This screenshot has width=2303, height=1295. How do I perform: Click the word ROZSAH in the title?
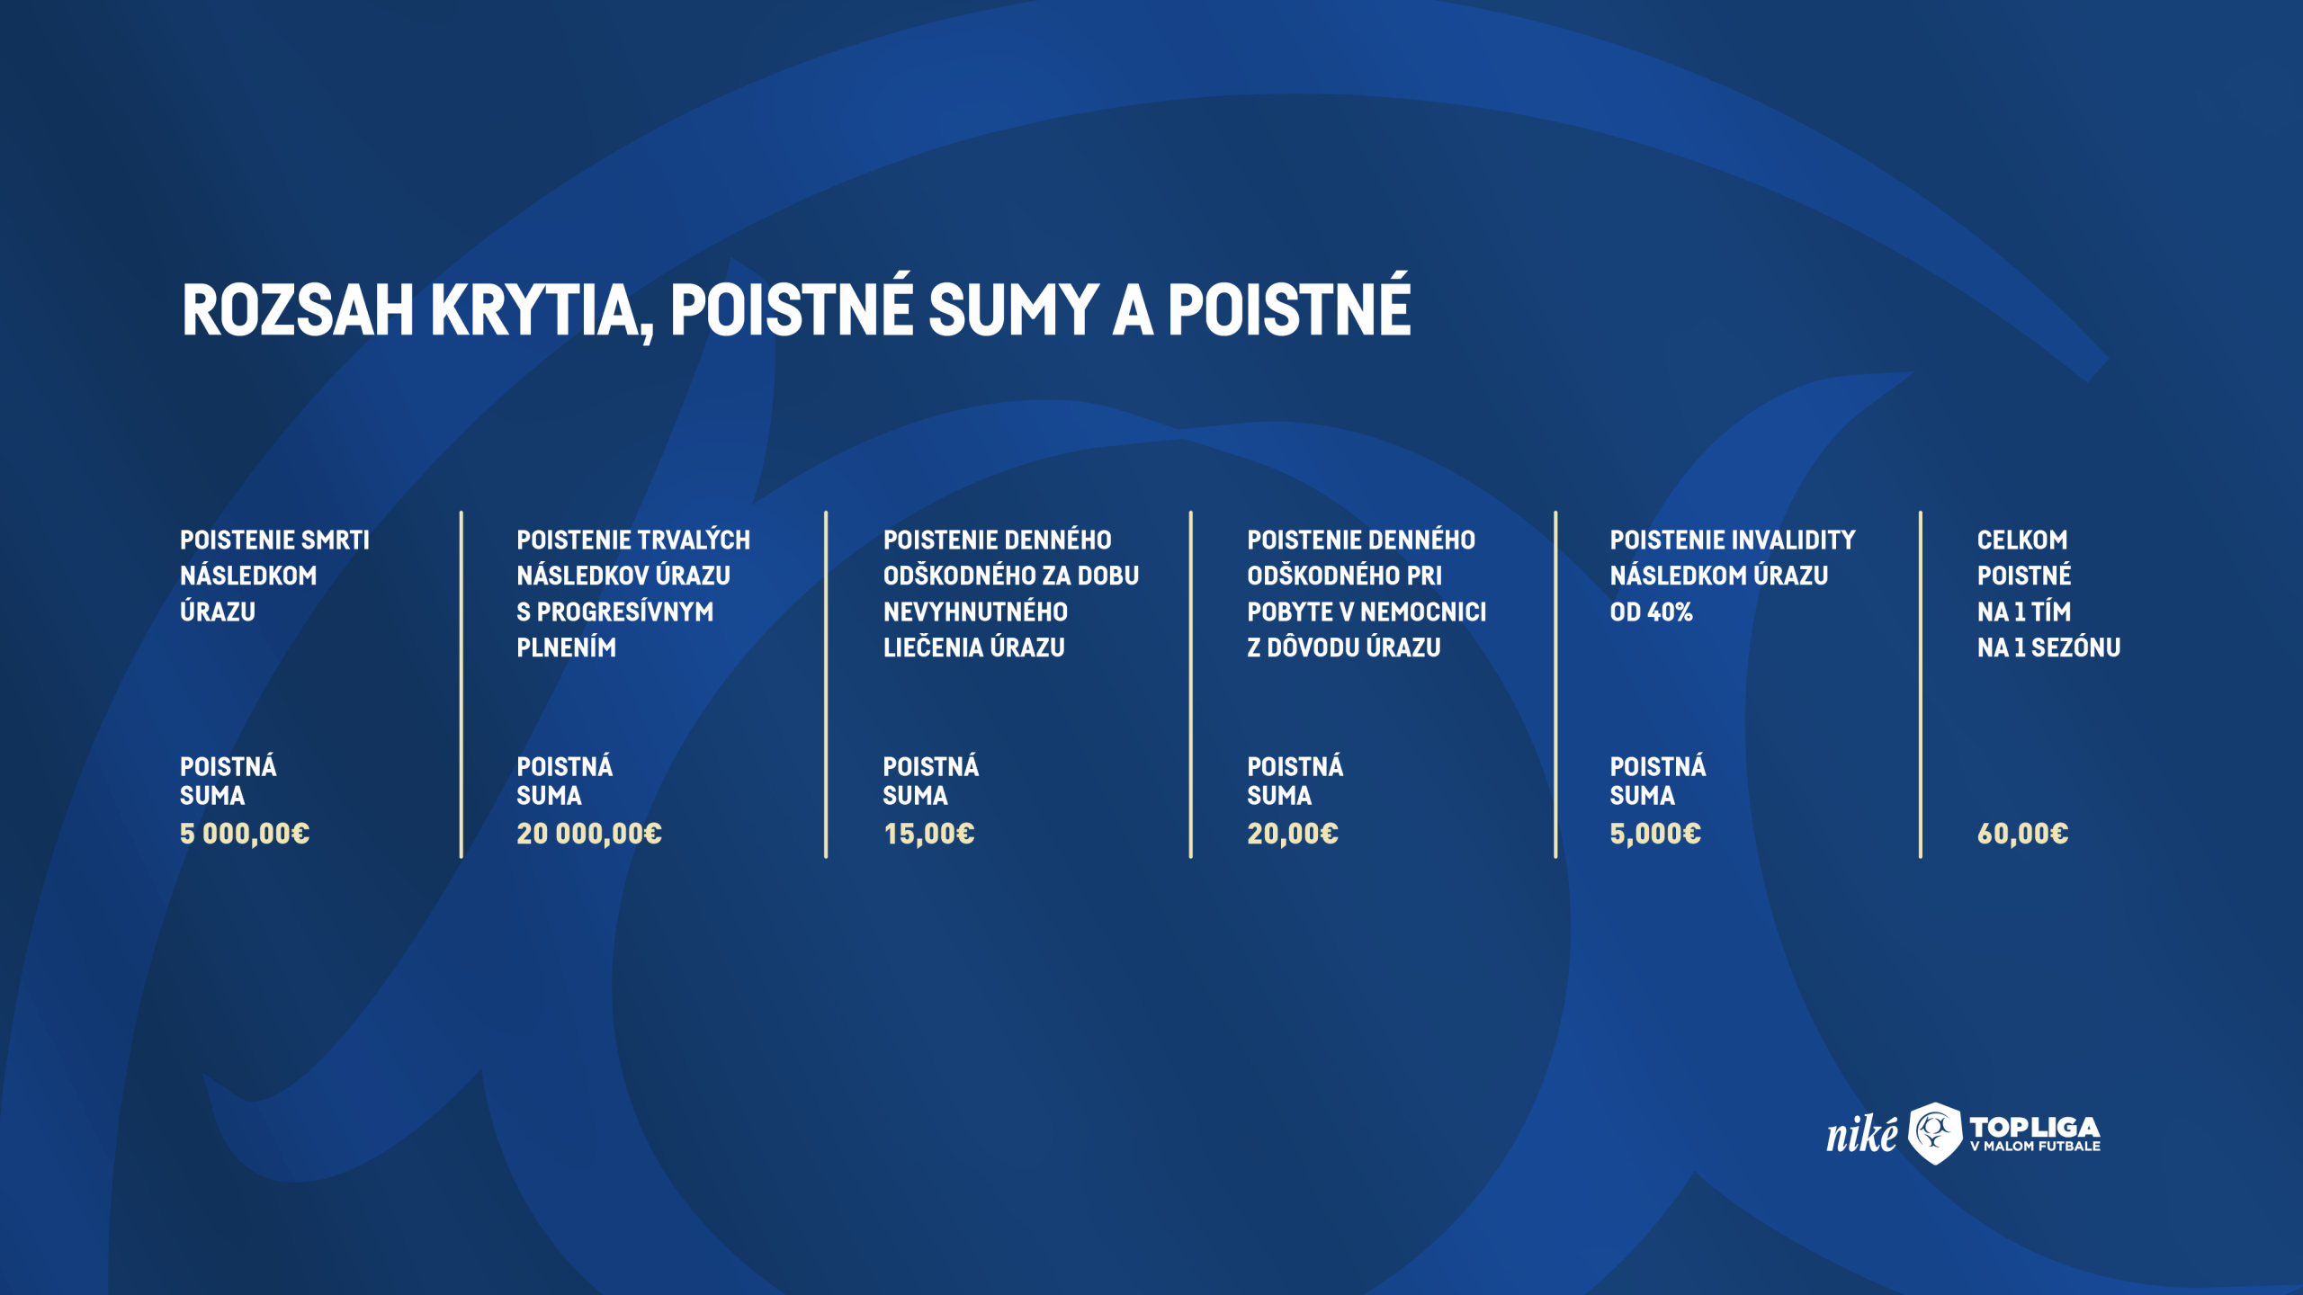click(298, 310)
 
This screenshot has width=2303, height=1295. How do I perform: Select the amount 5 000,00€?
click(245, 834)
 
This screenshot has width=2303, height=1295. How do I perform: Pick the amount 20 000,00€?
click(589, 834)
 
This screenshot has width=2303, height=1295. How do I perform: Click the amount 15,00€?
click(929, 834)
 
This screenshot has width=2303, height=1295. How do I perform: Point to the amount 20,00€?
click(1293, 834)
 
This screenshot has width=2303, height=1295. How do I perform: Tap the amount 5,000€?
click(1655, 834)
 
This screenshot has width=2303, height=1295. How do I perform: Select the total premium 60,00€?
click(2022, 834)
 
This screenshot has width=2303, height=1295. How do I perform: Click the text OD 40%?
click(1651, 612)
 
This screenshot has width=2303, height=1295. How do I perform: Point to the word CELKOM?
click(2021, 540)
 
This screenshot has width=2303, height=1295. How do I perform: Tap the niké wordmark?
click(1860, 1133)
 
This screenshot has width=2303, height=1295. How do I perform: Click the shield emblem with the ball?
click(1934, 1133)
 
